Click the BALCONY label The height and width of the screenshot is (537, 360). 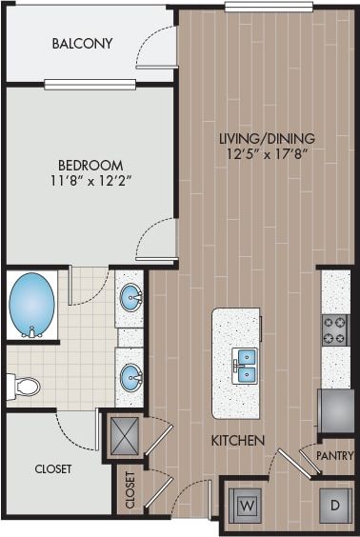pyautogui.click(x=82, y=44)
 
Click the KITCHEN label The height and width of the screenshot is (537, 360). pyautogui.click(x=237, y=439)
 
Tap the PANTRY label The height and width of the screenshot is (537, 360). pyautogui.click(x=334, y=456)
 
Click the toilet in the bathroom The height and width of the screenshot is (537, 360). pyautogui.click(x=23, y=387)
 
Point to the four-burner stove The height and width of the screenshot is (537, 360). pyautogui.click(x=334, y=328)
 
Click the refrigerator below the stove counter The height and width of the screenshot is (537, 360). pyautogui.click(x=335, y=409)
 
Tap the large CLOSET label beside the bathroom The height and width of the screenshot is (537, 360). pyautogui.click(x=53, y=468)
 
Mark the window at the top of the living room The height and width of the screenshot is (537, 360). pyautogui.click(x=269, y=7)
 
